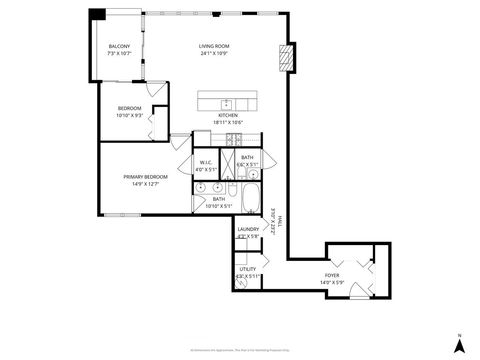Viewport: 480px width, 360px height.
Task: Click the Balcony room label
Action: click(120, 46)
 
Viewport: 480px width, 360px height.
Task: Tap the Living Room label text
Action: click(214, 46)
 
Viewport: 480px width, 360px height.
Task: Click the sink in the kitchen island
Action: click(227, 103)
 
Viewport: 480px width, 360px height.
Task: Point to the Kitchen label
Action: click(229, 116)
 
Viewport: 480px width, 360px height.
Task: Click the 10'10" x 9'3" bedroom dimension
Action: click(131, 115)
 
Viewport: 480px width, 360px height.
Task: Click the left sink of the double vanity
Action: click(201, 187)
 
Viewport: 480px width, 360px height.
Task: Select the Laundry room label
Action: click(248, 229)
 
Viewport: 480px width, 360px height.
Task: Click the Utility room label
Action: click(247, 268)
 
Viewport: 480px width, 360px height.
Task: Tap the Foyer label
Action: click(331, 275)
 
